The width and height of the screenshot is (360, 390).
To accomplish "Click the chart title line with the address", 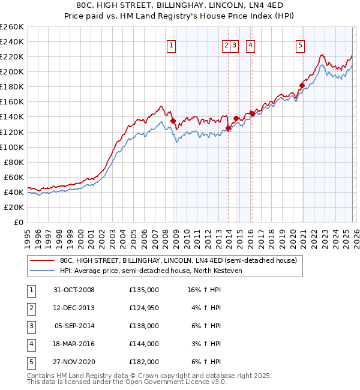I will tap(180, 5).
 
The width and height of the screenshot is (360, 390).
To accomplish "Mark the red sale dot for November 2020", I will tap(302, 85).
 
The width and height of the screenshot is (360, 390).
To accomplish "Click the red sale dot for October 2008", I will tap(173, 121).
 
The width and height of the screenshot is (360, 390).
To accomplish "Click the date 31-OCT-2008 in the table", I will tap(74, 290).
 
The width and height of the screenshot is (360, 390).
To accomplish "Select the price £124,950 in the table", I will tap(144, 308).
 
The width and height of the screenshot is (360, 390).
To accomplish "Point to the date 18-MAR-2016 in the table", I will tap(74, 344).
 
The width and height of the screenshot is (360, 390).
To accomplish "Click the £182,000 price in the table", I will tap(144, 362).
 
